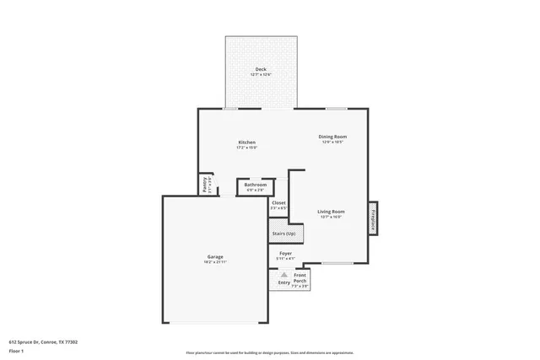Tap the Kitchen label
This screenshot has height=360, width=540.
(x=246, y=142)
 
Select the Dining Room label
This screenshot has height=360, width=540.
(x=332, y=137)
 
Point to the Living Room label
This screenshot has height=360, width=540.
(x=331, y=211)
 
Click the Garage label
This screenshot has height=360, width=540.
(x=215, y=256)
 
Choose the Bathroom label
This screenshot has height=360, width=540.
(x=256, y=185)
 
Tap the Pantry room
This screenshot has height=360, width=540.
(x=205, y=184)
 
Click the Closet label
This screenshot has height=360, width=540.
(x=278, y=202)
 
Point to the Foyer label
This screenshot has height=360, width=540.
(x=285, y=253)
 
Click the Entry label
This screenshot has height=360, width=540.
(x=283, y=282)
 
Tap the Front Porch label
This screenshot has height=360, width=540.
(x=300, y=279)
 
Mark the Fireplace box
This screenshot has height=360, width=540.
(x=372, y=218)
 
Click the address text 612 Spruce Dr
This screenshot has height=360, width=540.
(x=43, y=341)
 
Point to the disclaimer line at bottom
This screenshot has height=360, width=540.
(x=269, y=352)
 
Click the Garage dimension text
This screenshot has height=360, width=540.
(x=215, y=261)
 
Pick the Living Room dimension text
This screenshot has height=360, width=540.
(x=331, y=217)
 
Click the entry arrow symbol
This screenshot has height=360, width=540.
(x=284, y=275)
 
